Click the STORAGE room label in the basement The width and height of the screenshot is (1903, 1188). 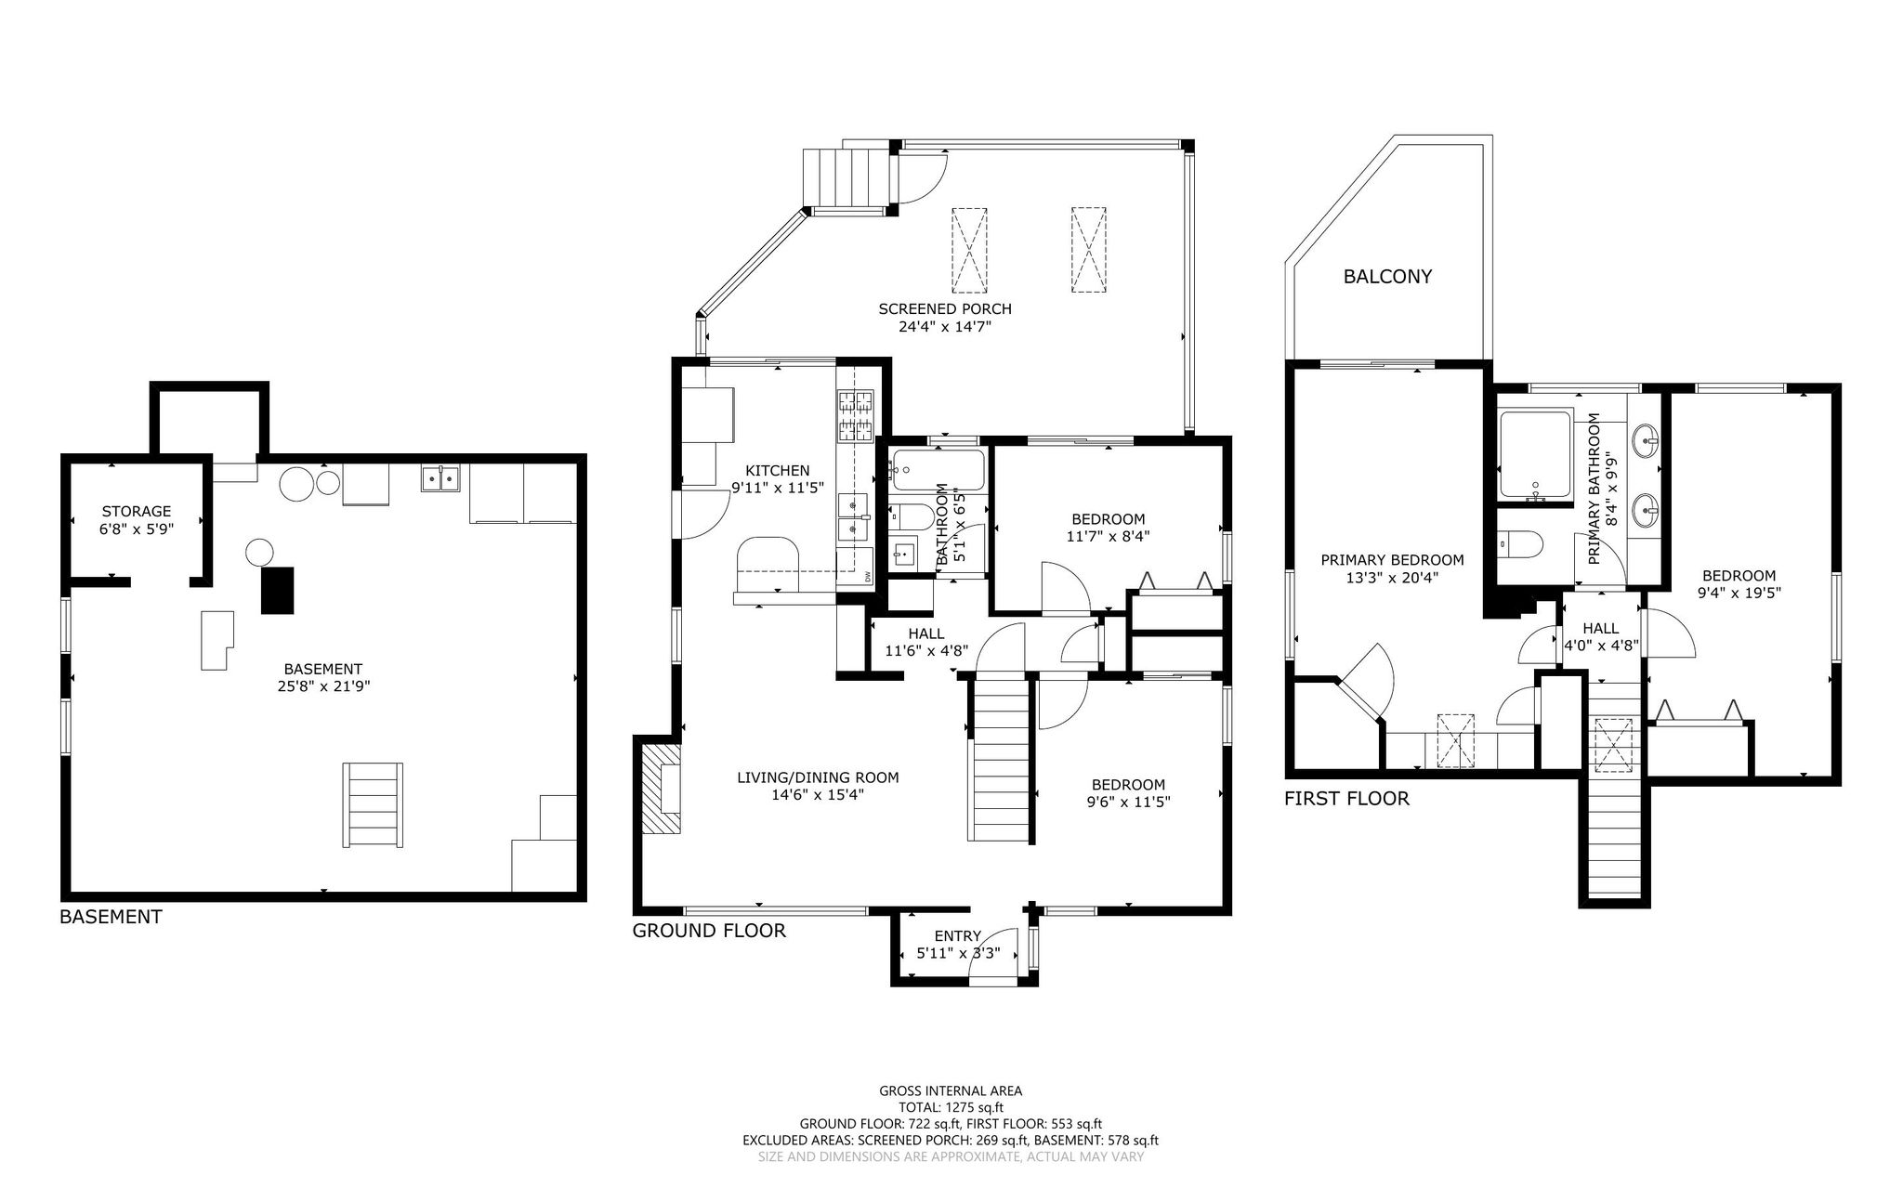137,511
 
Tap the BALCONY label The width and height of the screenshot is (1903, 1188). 1387,276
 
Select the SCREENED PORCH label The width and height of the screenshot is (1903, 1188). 945,308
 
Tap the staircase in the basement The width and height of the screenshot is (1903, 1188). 374,804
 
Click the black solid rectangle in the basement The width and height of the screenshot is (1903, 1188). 277,590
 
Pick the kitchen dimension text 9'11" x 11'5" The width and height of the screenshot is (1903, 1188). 778,487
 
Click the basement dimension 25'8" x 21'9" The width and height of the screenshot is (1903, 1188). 322,686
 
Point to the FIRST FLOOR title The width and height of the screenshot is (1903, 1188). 1346,798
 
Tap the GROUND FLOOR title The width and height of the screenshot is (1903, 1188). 709,931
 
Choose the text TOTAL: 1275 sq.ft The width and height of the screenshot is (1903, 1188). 951,1107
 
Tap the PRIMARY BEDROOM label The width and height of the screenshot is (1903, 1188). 1392,560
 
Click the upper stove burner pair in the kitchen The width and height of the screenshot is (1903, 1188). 857,401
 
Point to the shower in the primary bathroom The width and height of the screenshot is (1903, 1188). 1535,455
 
